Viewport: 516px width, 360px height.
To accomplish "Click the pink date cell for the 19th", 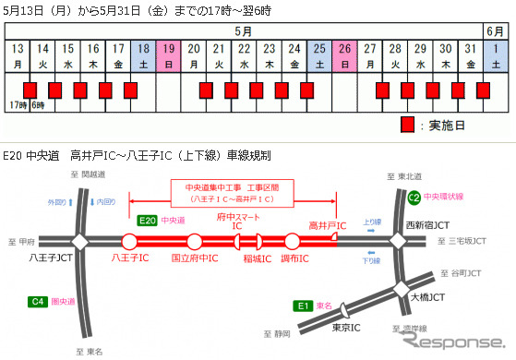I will (169, 55).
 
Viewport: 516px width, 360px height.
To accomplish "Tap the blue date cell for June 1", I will (496, 55).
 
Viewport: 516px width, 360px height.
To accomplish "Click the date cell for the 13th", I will (18, 55).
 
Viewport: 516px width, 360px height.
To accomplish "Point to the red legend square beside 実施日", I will (407, 124).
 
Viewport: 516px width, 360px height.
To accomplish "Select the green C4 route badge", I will (38, 301).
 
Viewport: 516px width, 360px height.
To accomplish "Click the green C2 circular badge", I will (414, 197).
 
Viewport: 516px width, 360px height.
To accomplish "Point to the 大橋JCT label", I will (435, 298).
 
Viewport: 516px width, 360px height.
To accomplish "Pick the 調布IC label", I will (294, 261).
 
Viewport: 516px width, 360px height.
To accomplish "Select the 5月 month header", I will (244, 30).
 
